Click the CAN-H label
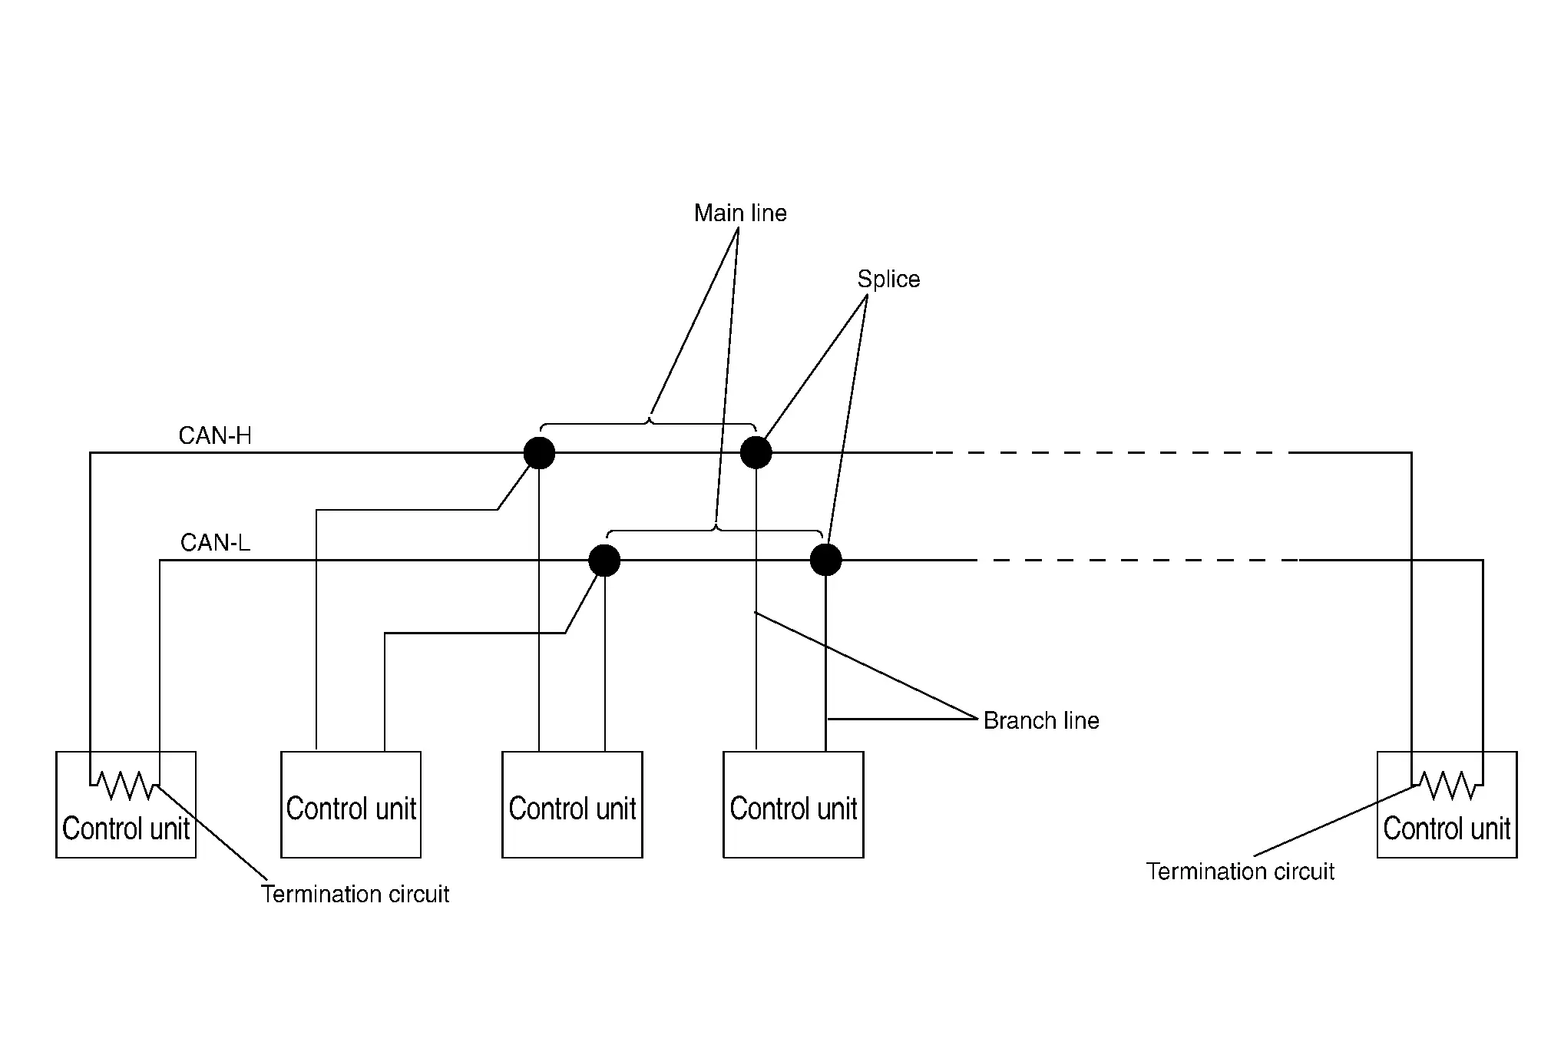215,436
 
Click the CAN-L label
215,543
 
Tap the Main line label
740,213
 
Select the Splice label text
888,279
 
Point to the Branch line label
1041,720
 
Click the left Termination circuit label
355,894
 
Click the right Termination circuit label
1240,872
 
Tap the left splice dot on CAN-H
539,453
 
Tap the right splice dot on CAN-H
756,453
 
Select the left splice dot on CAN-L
604,561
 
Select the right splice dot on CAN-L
826,560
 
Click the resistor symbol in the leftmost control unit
124,786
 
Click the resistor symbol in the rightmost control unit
1447,786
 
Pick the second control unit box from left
351,804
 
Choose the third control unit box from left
572,804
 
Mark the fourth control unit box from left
793,804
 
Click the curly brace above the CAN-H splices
649,422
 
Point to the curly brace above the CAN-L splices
716,530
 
